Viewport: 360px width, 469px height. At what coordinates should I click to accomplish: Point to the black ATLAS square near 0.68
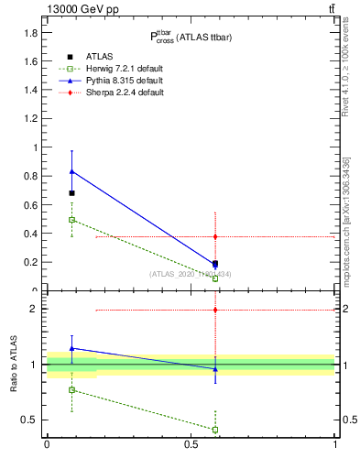pos(71,193)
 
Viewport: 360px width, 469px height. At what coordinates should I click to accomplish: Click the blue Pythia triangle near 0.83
pos(71,171)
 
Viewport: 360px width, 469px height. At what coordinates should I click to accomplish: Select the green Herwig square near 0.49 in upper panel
pos(71,220)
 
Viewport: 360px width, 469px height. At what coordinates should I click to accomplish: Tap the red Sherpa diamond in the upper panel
pos(215,236)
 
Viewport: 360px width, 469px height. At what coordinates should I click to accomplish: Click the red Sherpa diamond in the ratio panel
pos(215,310)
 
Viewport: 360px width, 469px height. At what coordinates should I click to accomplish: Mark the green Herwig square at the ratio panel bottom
pos(215,429)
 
